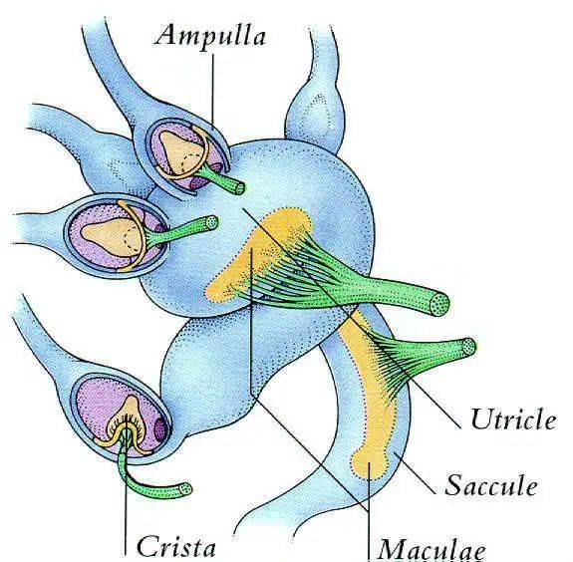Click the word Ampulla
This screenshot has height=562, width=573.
click(209, 37)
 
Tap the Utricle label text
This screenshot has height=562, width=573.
click(513, 420)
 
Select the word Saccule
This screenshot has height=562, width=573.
click(490, 485)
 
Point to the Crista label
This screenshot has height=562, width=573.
click(175, 548)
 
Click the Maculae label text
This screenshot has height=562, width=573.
click(431, 551)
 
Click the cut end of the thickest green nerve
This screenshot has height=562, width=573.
click(439, 304)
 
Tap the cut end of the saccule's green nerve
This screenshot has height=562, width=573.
click(468, 346)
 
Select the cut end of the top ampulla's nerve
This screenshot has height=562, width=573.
click(240, 188)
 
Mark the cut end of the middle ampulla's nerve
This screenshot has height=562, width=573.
click(211, 222)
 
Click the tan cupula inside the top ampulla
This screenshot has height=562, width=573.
click(180, 151)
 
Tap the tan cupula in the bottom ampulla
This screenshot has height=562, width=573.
click(129, 412)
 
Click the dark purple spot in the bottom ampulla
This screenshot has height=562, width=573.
click(160, 429)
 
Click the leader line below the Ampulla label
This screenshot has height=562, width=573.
click(212, 89)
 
